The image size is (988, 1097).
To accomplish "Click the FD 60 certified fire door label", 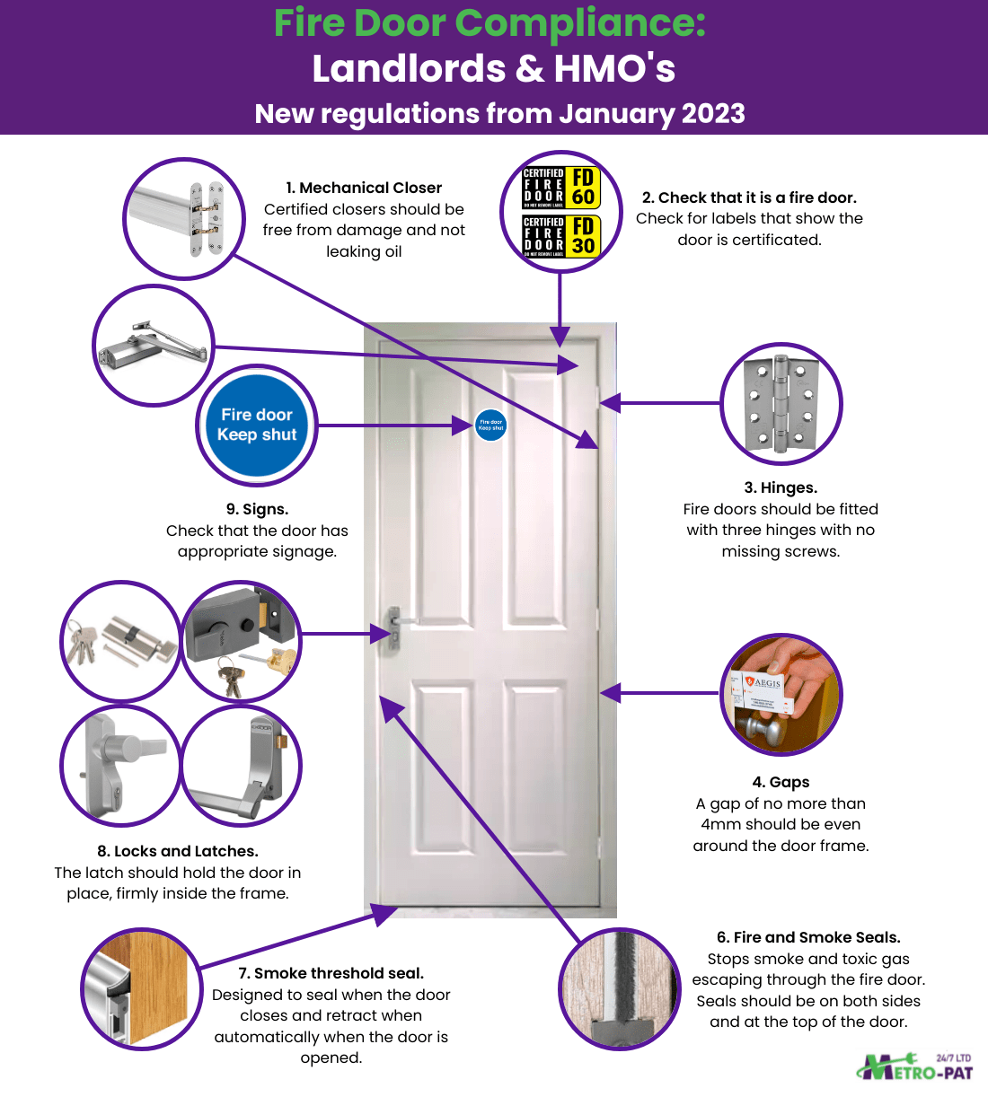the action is [560, 187].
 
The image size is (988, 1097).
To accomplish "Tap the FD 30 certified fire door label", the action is [560, 235].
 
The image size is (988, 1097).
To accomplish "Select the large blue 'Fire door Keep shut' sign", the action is [257, 425].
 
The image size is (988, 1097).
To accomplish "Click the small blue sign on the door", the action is [490, 425].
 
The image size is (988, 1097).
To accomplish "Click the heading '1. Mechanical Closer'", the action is [364, 188].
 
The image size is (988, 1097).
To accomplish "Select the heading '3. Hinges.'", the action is [781, 487].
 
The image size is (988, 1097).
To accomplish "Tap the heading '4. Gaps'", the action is [781, 782].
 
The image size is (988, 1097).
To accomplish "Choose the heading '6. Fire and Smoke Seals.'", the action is [808, 937].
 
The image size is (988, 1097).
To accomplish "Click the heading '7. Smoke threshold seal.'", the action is [331, 973].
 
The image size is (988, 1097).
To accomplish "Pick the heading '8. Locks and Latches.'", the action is [178, 851].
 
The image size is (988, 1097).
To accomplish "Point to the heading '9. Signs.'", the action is [257, 509].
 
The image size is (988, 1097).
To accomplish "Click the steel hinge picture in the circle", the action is [781, 403].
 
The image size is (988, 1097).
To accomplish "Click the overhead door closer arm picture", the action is [154, 345].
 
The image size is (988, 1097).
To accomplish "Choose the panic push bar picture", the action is [241, 766].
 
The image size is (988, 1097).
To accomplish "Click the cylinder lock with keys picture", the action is [120, 640].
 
